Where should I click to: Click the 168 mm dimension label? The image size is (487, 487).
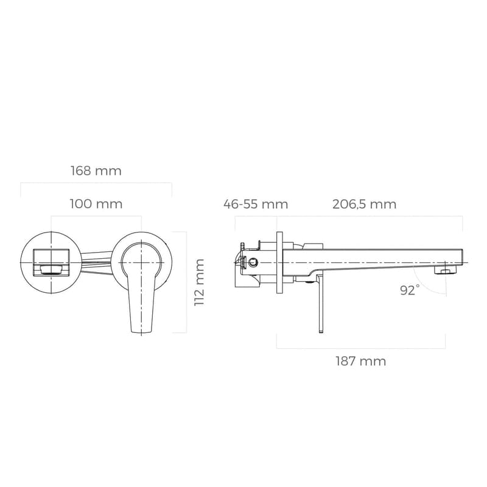click(96, 171)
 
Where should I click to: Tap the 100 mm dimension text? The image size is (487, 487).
click(96, 204)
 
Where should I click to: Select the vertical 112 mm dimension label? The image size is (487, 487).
click(199, 282)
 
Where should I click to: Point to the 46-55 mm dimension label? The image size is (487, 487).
click(255, 204)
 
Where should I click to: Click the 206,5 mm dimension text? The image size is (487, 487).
click(364, 204)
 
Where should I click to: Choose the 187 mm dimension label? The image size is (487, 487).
click(360, 361)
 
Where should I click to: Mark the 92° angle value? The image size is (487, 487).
click(410, 290)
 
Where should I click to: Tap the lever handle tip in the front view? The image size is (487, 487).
click(141, 329)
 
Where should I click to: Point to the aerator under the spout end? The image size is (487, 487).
click(448, 270)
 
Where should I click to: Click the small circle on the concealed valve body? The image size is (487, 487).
click(251, 263)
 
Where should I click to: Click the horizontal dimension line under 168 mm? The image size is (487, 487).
click(96, 183)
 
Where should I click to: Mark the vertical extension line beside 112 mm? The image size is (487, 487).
click(184, 282)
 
